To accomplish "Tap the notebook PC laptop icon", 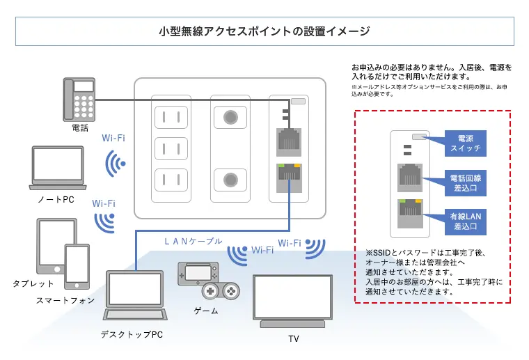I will [58, 167].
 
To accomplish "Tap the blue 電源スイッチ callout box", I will [464, 144].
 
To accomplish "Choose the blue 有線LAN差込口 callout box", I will [466, 221].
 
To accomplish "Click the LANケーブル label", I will [193, 241].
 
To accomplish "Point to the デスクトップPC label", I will [132, 335].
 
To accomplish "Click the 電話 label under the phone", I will [80, 128].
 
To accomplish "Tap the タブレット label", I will [33, 284].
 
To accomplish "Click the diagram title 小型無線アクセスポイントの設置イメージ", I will [264, 31].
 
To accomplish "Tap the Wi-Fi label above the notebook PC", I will [113, 138].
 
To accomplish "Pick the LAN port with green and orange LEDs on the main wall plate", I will [288, 178].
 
